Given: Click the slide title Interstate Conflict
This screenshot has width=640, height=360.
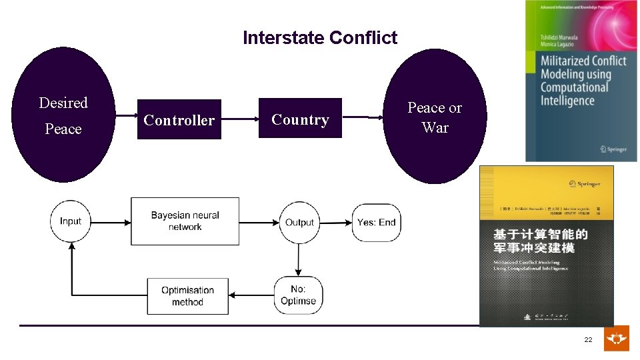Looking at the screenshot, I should (320, 38).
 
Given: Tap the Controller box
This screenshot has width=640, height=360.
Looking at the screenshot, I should (179, 120).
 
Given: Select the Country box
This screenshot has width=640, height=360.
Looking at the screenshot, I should (300, 119).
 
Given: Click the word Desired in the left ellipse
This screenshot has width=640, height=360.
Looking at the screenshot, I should (63, 103).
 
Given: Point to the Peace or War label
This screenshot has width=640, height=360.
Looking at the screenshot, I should (435, 117).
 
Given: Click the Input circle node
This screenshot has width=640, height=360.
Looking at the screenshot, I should (71, 221).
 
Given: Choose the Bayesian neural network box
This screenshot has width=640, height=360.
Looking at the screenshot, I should (185, 221).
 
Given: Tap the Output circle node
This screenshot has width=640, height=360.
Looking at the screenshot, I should (299, 222).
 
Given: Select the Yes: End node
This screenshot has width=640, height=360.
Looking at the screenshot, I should (376, 222).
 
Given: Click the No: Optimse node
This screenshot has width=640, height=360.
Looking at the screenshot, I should (299, 295).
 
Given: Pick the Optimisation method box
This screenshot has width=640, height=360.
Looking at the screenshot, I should (187, 296).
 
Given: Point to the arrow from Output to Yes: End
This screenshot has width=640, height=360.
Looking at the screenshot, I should (337, 222).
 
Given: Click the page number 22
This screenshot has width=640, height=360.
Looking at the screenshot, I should (588, 340).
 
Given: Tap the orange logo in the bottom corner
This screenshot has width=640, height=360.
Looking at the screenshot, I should (616, 339).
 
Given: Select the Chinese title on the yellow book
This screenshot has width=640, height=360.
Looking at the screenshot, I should (540, 241).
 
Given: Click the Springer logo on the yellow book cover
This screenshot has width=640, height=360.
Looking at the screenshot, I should (585, 183).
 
